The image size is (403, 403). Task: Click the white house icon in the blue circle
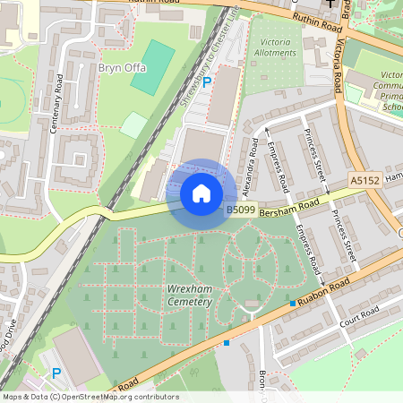click(201, 193)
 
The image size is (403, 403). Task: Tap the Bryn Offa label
click(121, 67)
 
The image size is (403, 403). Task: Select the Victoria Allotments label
click(277, 47)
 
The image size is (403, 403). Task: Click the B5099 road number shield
click(241, 210)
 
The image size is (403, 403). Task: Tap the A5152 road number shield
click(364, 180)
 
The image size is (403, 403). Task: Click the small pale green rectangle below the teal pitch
click(133, 124)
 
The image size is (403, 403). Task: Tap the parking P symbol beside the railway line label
click(207, 82)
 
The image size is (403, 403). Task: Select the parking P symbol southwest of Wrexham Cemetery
click(56, 373)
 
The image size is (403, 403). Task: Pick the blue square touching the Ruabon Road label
click(293, 304)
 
